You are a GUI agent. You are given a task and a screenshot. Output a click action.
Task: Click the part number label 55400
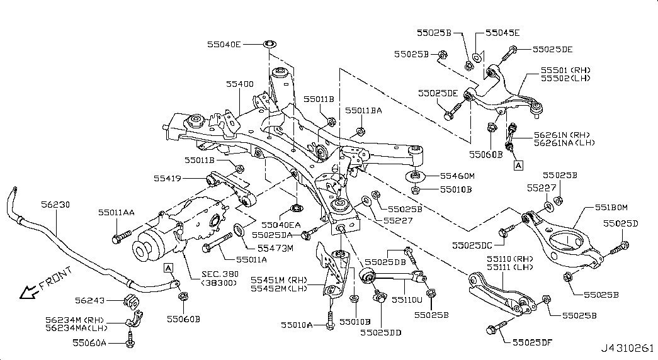click(241, 83)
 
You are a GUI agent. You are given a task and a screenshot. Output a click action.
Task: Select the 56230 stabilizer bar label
click(55, 205)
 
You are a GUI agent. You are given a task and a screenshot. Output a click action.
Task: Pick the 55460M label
click(457, 176)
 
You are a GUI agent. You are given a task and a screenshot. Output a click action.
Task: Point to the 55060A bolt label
click(89, 342)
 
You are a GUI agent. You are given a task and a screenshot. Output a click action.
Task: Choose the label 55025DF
click(533, 343)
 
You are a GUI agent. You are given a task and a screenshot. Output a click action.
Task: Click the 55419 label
click(167, 179)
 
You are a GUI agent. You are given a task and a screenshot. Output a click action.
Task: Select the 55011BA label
click(363, 110)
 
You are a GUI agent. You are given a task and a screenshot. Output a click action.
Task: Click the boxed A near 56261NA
click(518, 166)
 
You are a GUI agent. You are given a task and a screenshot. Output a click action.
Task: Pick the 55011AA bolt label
click(116, 213)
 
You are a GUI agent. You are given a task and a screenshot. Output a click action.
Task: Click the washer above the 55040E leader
click(269, 44)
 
